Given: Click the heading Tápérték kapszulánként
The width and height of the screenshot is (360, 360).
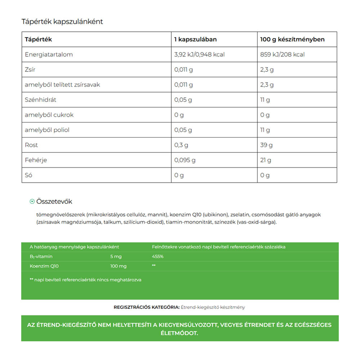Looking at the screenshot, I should (x=62, y=22).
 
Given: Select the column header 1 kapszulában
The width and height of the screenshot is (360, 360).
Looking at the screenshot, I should (x=195, y=40).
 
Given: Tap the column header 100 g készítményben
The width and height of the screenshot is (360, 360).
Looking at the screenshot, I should (x=292, y=40).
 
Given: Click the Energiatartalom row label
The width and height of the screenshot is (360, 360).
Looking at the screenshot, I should (x=49, y=55).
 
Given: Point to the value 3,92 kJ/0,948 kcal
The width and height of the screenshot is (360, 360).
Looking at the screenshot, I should (x=199, y=55).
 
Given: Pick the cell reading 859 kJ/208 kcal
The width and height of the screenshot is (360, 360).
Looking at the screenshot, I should (x=282, y=55).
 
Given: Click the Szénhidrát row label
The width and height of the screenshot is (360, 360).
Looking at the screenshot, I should (x=40, y=100).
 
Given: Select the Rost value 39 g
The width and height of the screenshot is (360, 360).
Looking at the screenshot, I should (x=266, y=145).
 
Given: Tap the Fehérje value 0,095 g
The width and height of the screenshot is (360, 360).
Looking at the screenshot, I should (x=185, y=160).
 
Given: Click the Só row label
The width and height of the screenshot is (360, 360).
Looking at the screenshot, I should (x=28, y=175).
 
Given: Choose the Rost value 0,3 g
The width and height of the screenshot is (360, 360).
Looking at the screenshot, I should (x=181, y=145).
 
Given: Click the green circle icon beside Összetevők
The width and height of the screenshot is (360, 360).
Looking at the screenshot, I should (x=32, y=202).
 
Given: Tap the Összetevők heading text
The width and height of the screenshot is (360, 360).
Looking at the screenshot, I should (x=54, y=202).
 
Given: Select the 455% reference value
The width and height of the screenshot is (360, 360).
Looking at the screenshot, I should (x=158, y=257).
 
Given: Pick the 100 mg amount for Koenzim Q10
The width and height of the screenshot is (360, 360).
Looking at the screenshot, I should (x=118, y=266).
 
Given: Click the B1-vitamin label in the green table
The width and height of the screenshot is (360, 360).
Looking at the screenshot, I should (x=41, y=257).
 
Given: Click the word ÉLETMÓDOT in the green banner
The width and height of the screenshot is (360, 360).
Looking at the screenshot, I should (x=180, y=333).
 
